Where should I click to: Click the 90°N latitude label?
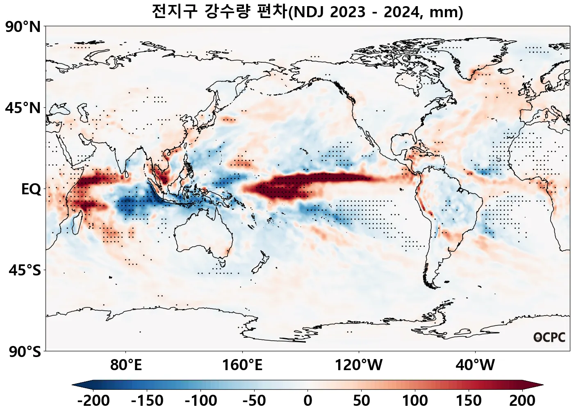point(23,27)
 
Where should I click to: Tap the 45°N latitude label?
point(23,108)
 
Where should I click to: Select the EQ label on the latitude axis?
point(31,189)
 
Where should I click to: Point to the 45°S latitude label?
point(25,271)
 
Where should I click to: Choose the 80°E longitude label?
point(126,364)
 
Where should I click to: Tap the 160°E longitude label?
point(242,364)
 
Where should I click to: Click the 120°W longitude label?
point(359,364)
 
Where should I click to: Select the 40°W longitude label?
point(475,364)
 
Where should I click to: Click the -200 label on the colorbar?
point(93,400)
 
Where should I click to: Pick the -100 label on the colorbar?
point(201,400)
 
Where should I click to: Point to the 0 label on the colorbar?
point(308,400)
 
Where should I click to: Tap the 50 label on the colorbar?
point(361,400)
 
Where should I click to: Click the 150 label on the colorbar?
point(469,400)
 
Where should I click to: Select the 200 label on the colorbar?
point(522,400)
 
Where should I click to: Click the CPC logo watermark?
point(549,337)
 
